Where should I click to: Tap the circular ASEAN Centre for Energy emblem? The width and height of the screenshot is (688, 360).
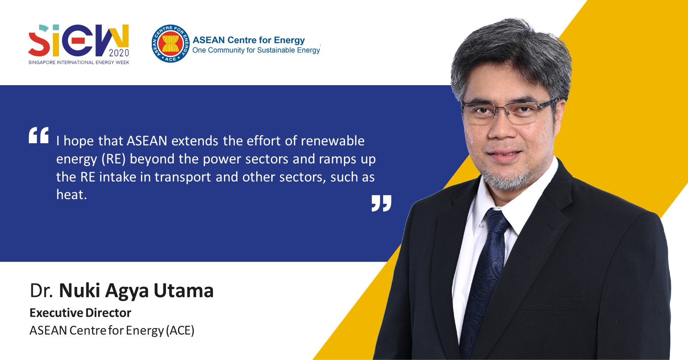(170, 44)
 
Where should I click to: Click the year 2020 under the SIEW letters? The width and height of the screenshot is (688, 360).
(119, 53)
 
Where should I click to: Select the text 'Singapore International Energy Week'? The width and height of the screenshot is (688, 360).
(79, 62)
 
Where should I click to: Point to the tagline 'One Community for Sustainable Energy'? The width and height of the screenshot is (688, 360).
(256, 50)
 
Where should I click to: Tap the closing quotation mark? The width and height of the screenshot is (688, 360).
(381, 203)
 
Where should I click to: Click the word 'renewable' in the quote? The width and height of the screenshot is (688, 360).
(332, 141)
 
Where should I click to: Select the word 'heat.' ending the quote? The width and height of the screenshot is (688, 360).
(71, 195)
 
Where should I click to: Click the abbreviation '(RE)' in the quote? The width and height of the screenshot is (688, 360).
(114, 159)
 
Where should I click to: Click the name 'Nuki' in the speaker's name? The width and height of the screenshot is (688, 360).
(80, 291)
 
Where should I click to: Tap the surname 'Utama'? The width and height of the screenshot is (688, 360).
(184, 291)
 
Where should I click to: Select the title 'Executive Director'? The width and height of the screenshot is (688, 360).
(80, 313)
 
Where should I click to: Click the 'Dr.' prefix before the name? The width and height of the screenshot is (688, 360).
(41, 291)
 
